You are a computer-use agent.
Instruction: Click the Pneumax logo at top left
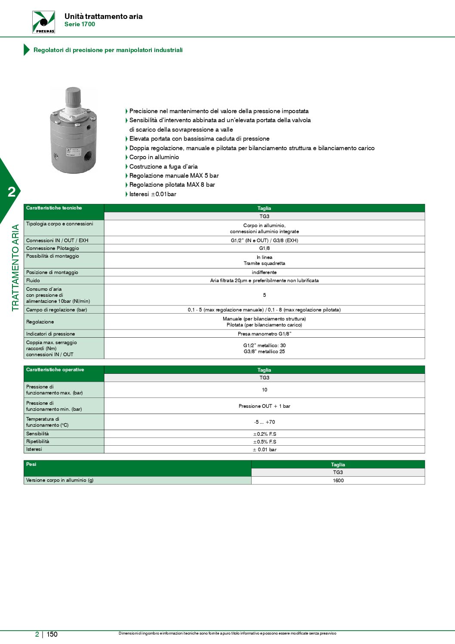point(43,22)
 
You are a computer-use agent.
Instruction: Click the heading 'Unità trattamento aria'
point(103,16)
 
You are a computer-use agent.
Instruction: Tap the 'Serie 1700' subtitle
point(80,25)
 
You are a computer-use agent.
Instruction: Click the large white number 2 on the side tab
point(12,192)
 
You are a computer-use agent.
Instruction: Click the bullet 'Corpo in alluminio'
point(154,157)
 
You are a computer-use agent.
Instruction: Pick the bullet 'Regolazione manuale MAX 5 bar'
point(174,176)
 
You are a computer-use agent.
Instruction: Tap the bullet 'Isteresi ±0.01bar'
point(153,194)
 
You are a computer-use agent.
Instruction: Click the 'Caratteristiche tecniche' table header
point(54,208)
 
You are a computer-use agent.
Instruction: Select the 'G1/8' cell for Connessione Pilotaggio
point(264,248)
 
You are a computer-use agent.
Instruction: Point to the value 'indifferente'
point(264,272)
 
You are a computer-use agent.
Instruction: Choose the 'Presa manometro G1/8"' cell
point(264,334)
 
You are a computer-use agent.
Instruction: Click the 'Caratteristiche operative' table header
point(55,370)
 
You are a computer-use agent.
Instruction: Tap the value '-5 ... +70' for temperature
point(264,422)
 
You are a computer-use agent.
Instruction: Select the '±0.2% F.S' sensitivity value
point(264,434)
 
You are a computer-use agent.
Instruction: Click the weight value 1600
point(338,481)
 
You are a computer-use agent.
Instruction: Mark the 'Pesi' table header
point(31,465)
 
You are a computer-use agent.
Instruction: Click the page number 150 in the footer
point(52,635)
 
